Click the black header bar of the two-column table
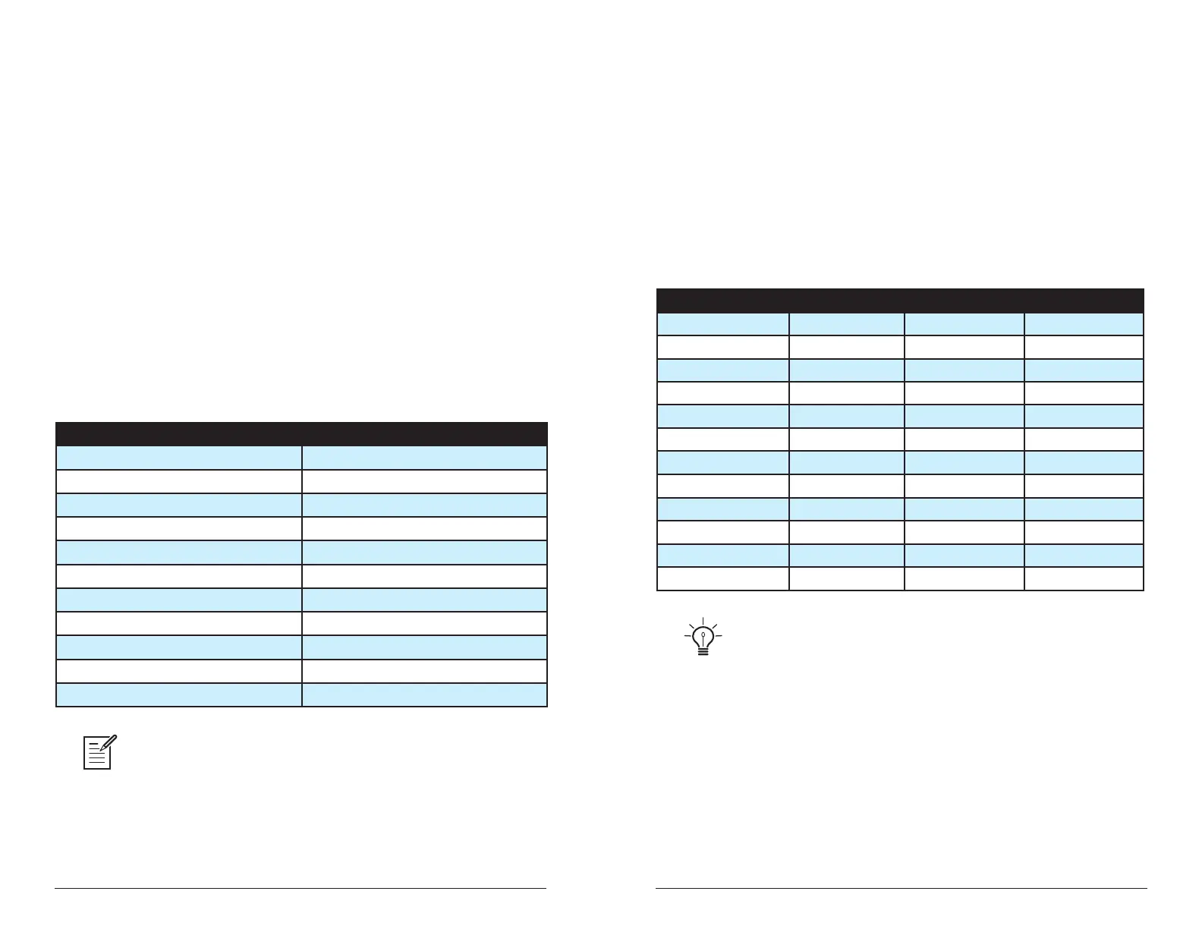tap(301, 433)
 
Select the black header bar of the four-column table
tap(899, 300)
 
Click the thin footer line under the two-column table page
tap(300, 888)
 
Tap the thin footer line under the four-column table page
tap(901, 888)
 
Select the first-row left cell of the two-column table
tap(179, 458)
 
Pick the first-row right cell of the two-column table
tap(424, 458)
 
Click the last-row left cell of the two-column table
tap(179, 694)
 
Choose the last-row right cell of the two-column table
tap(424, 694)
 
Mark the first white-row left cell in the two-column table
tap(179, 481)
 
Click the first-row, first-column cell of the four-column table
tap(722, 324)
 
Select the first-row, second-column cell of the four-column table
tap(846, 324)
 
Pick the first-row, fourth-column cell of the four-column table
tap(1084, 324)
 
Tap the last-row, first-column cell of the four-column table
tap(722, 578)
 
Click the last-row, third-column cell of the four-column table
tap(964, 578)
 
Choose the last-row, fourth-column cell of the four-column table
tap(1084, 578)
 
